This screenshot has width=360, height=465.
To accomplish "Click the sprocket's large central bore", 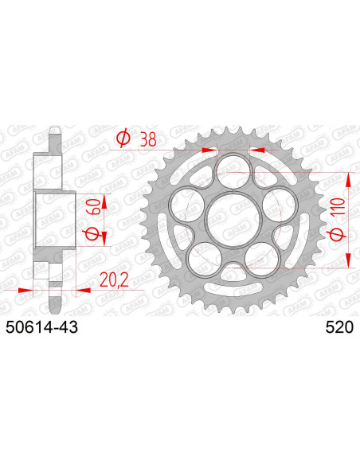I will [232, 219].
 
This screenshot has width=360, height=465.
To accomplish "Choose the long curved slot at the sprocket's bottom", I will [233, 292].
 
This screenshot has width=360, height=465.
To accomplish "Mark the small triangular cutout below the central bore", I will [233, 265].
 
